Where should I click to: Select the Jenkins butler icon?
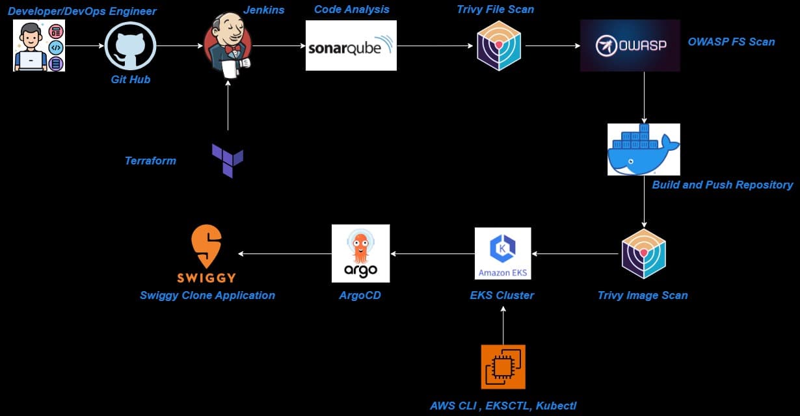coord(228,44)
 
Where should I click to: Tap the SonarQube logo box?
coord(351,45)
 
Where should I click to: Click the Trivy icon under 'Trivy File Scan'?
coord(499,45)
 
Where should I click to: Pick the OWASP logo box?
coord(630,45)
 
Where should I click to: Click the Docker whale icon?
coord(643,149)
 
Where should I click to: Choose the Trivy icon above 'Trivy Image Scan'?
coord(643,253)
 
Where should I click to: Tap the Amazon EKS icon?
coord(503,253)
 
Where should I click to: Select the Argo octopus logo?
coord(360,253)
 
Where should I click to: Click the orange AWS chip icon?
coord(503,367)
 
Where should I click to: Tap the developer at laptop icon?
coord(39,45)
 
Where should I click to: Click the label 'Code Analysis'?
coord(351,9)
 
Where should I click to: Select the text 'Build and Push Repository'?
coord(723,185)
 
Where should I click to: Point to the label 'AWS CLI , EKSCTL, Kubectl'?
coord(503,406)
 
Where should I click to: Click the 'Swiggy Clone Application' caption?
coord(207,295)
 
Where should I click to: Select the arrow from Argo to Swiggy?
coord(285,253)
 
